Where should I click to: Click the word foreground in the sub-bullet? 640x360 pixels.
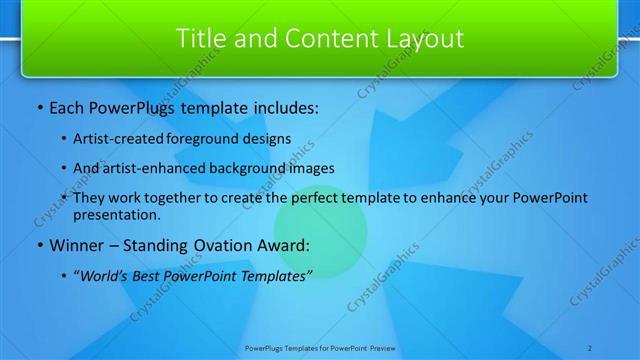pos(201,139)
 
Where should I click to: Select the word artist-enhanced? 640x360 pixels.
pos(152,168)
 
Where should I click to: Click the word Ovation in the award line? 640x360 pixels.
pos(213,246)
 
